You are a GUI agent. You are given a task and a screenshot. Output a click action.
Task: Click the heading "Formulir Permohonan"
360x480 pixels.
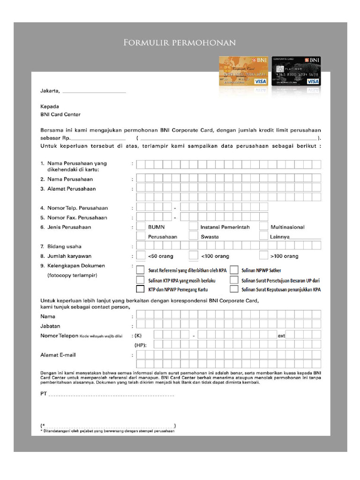point(180,43)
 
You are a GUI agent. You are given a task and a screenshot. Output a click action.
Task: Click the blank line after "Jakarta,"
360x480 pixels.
point(94,91)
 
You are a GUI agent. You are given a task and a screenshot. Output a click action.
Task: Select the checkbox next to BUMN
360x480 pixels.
point(141,227)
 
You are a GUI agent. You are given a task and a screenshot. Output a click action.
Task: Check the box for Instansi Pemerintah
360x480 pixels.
point(193,227)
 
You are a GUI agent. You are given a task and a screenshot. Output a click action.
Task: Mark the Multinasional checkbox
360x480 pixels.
point(263,227)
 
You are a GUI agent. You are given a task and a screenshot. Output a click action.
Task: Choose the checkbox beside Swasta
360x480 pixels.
point(193,236)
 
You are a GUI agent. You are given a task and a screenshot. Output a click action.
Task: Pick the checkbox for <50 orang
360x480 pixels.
point(141,256)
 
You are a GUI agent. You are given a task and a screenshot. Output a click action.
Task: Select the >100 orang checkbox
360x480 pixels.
point(263,256)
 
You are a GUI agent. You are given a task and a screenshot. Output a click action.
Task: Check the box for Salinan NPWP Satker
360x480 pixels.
point(234,270)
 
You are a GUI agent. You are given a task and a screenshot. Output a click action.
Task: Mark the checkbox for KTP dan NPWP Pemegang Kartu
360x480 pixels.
point(140,289)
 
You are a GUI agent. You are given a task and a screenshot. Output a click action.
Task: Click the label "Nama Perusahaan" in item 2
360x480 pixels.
point(70,179)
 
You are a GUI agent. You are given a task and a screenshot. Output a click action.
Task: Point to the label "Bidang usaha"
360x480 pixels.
point(64,246)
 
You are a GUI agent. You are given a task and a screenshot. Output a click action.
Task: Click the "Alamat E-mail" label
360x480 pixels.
point(58,355)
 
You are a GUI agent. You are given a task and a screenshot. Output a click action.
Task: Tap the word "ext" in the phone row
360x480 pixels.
point(281,336)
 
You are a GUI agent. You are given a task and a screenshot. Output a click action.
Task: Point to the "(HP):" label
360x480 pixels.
point(141,345)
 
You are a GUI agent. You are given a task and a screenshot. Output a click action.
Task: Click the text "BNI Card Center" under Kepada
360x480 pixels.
point(60,114)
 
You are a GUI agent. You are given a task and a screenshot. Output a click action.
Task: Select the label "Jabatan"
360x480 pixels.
point(50,326)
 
